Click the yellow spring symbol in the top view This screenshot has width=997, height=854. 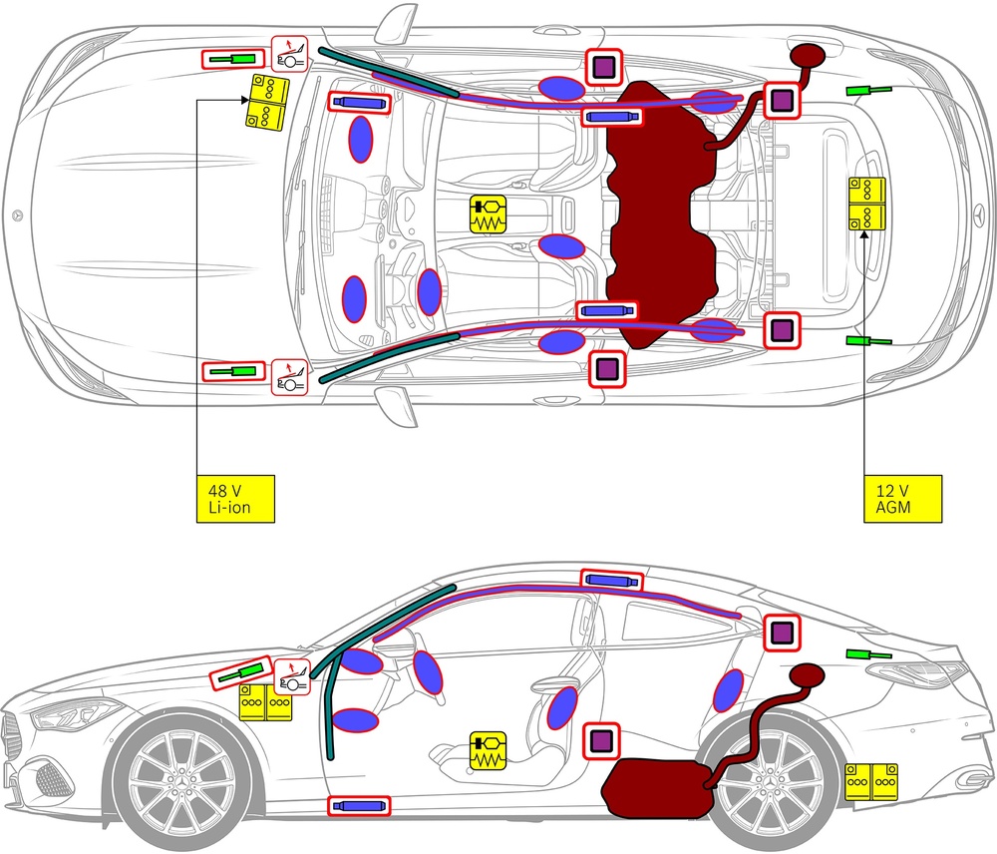489,214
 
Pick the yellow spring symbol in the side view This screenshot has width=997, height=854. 489,750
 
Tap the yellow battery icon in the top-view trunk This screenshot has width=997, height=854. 865,204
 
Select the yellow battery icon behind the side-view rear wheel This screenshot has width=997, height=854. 871,782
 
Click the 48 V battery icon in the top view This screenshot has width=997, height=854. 267,101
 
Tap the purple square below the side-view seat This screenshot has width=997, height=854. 600,740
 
